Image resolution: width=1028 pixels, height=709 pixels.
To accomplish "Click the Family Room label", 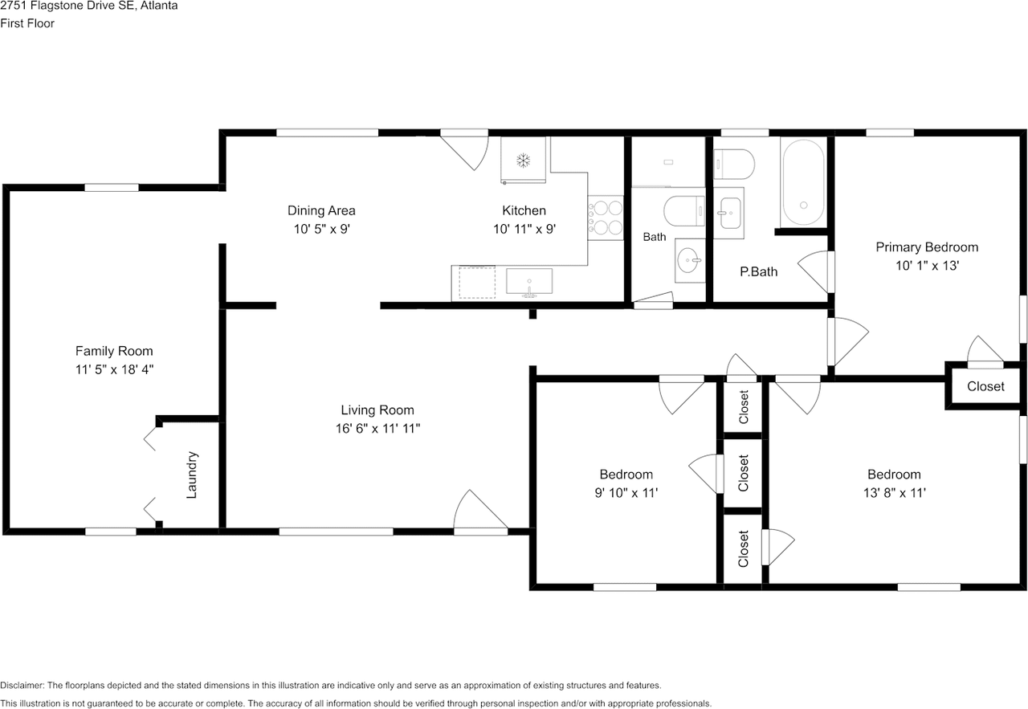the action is coord(114,351).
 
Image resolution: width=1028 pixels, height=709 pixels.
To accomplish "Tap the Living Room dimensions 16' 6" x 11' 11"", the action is coord(377,428).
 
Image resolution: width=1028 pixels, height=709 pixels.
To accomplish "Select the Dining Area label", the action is coord(321,210).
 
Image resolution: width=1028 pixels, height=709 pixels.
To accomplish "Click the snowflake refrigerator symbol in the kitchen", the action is coord(523,160).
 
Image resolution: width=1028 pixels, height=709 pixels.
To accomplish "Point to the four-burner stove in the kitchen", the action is coord(606,218).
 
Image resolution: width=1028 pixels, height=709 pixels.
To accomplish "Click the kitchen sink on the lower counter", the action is coord(529,282).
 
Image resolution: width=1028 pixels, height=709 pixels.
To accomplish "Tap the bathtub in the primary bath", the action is coord(803,182).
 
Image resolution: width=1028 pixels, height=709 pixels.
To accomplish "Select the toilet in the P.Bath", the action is coord(734,164).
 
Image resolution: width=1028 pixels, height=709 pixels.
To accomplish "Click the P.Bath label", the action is coord(759,271).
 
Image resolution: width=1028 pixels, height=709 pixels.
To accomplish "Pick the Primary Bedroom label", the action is coord(927,247).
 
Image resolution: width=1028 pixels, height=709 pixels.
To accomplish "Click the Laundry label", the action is coord(191,475).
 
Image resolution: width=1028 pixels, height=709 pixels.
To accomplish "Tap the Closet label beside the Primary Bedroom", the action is coord(985,386).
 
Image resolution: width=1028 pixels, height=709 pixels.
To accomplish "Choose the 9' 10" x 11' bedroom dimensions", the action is coord(626,492).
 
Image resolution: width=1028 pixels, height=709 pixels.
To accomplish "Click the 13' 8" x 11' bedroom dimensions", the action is coord(894,492).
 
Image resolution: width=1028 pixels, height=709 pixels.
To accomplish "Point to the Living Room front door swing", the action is coord(480,509).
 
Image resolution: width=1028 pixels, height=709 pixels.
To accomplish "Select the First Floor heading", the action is coord(27,23).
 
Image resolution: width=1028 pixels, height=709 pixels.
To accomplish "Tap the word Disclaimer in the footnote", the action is coord(22,685).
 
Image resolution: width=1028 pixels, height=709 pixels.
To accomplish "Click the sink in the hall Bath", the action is coord(690,260).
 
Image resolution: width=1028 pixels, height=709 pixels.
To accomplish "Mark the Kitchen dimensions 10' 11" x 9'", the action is coord(524,229).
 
